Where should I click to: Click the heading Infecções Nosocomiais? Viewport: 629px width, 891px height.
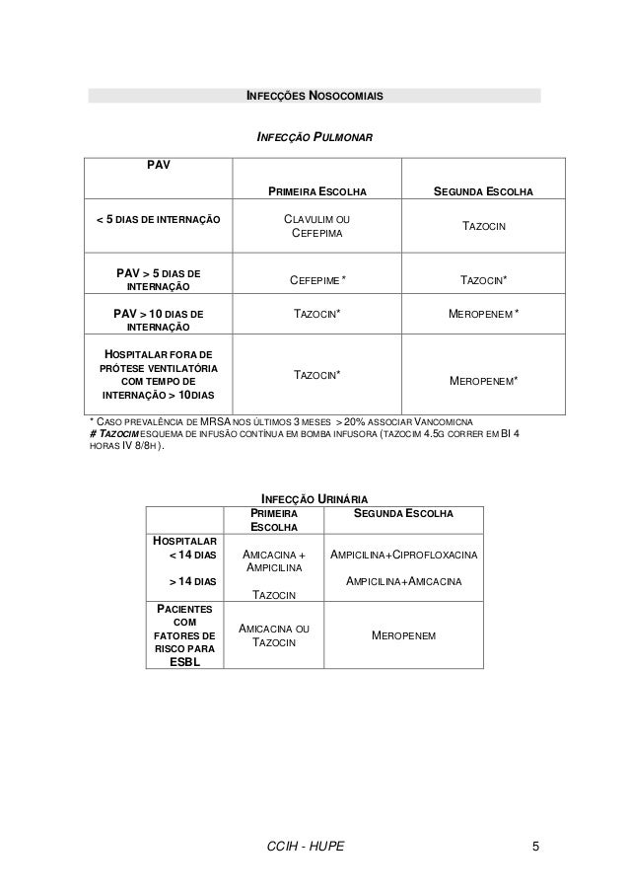[x=314, y=97]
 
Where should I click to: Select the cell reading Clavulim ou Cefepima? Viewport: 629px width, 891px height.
[x=314, y=226]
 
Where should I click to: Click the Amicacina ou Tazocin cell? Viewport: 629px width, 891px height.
[x=273, y=636]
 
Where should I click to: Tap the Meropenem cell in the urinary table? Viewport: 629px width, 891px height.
[x=404, y=636]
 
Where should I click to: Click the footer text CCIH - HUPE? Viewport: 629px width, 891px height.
[x=306, y=847]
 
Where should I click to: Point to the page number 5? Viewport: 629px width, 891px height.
[x=534, y=847]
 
